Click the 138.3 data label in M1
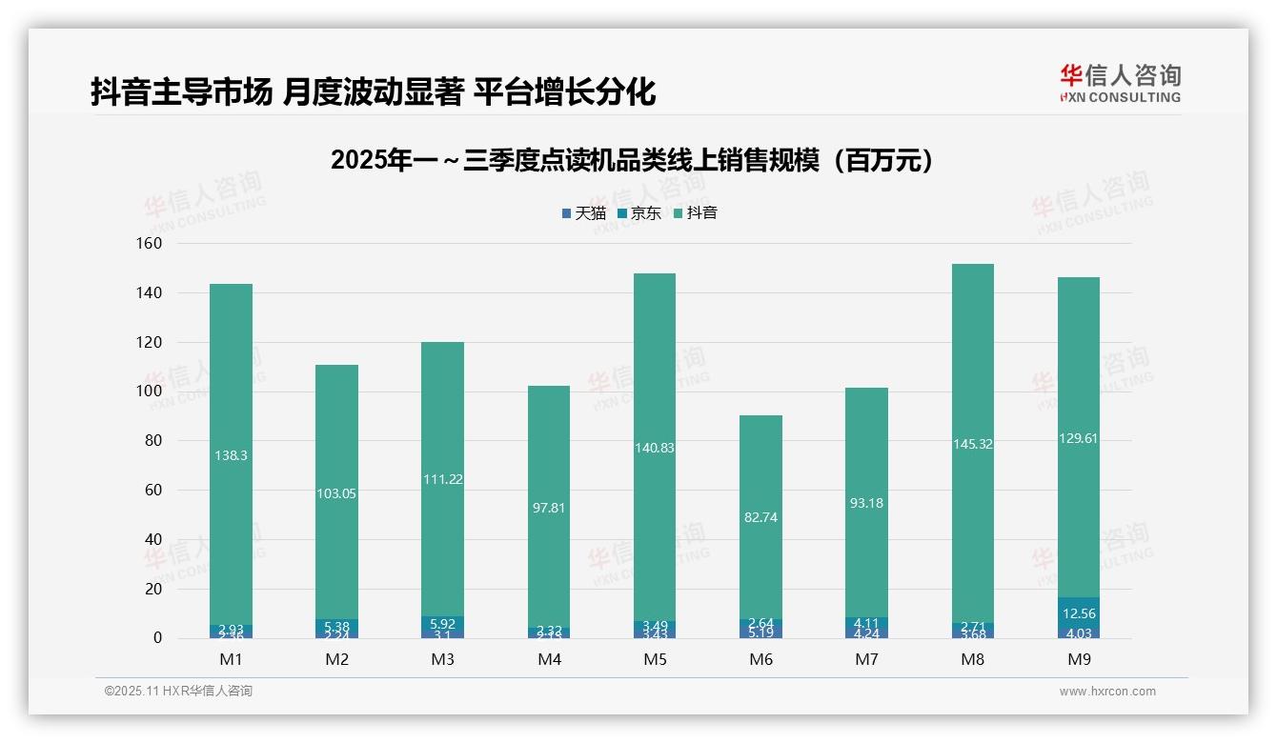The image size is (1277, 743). tap(231, 456)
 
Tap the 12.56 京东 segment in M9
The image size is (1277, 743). tap(1079, 613)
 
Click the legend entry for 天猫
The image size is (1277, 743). tap(584, 213)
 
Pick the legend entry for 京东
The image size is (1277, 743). tap(639, 213)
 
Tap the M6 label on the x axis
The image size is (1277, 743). tap(760, 659)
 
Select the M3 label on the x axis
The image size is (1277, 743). tap(442, 659)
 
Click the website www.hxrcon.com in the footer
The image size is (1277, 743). tap(1106, 692)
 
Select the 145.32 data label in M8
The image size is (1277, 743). tap(972, 444)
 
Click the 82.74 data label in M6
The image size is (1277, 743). tap(760, 517)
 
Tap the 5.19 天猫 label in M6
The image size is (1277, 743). tap(760, 632)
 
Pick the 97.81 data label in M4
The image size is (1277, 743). tap(549, 508)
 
